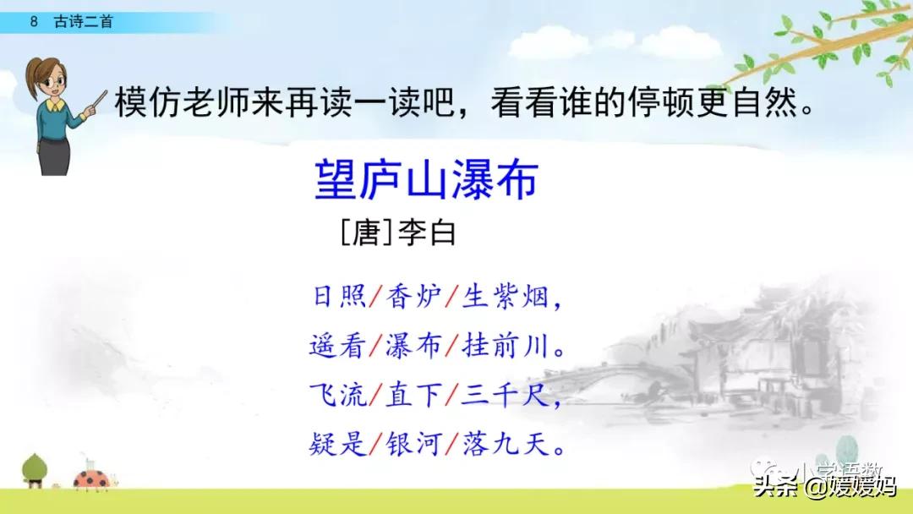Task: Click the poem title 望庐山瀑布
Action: coord(426,181)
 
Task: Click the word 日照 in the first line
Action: coord(338,297)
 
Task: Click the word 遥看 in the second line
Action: coord(338,346)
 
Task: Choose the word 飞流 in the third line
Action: coord(338,395)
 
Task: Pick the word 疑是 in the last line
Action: coord(338,445)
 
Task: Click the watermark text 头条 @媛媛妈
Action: coord(824,488)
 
